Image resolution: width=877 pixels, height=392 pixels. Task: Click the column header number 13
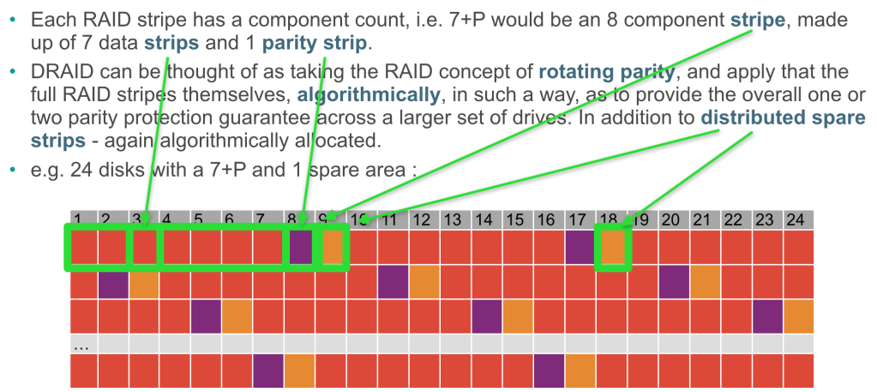tap(453, 220)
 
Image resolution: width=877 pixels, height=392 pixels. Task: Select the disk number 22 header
tap(733, 220)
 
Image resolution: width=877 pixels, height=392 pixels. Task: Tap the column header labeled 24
tap(796, 220)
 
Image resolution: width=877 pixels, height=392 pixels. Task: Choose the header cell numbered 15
tap(514, 220)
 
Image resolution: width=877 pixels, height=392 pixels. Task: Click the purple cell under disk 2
tap(113, 282)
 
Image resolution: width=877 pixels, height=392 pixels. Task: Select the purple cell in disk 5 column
tap(206, 317)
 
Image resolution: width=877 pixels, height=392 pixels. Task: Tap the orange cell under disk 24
tap(797, 317)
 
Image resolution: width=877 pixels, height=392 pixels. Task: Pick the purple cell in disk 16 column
tap(549, 370)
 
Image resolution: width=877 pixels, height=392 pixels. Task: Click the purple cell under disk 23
tap(767, 317)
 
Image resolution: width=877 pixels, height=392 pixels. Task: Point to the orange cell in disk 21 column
tap(705, 282)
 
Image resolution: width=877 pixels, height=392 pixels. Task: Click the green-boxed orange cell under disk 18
tap(612, 247)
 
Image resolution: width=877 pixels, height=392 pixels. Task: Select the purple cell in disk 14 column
tap(486, 317)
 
